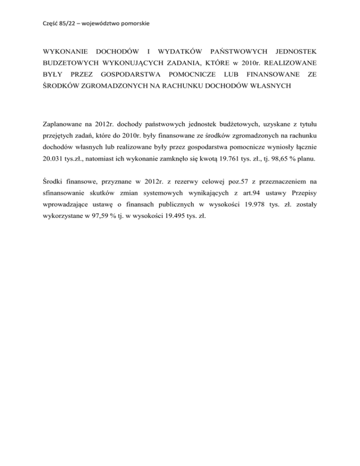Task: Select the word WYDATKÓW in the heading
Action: (x=179, y=50)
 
